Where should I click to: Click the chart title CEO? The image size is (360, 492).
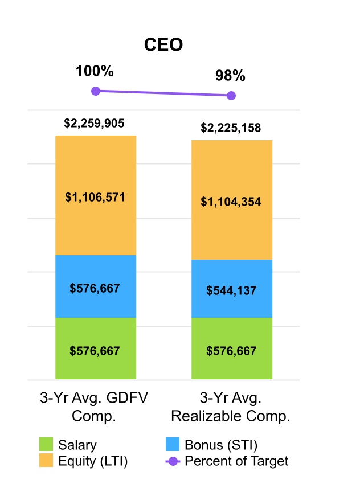click(163, 45)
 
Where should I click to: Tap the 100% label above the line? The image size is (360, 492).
click(95, 72)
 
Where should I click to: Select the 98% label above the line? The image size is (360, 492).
click(230, 76)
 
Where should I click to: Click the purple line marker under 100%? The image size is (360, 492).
click(96, 91)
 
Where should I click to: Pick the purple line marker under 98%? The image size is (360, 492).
click(231, 96)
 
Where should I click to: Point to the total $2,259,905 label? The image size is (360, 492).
click(95, 123)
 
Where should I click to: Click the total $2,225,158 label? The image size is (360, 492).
click(231, 128)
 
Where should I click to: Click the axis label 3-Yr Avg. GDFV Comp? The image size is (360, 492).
click(94, 407)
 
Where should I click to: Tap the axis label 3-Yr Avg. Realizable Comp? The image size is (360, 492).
click(231, 407)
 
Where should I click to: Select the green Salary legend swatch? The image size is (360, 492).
click(46, 445)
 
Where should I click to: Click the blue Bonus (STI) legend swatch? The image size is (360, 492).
click(172, 445)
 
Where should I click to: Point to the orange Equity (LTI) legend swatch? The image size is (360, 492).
click(46, 461)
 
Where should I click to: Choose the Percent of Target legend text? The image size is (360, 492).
click(236, 461)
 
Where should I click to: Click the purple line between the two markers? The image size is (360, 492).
click(163, 93)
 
